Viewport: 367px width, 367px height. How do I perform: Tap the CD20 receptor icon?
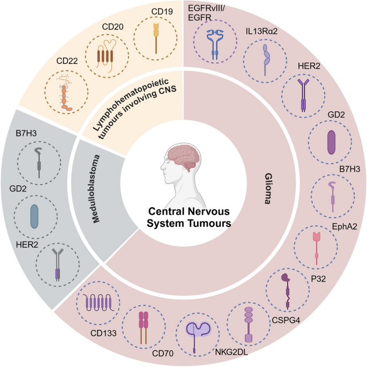coord(109,56)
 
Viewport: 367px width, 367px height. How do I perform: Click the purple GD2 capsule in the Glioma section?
coord(331,144)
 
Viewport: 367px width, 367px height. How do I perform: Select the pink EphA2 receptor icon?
coord(317,243)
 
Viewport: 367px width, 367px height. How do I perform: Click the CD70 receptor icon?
coord(144,325)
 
